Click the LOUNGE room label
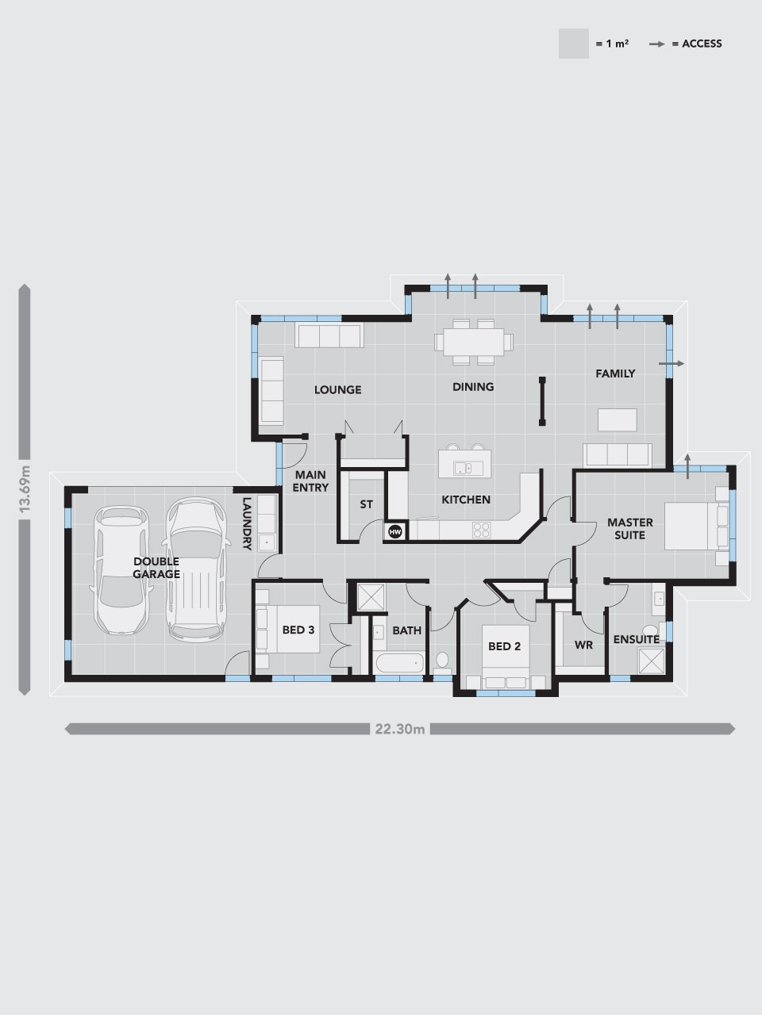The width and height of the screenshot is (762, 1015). (x=337, y=389)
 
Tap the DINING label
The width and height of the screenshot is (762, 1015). (x=473, y=387)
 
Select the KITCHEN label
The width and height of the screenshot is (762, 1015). (x=466, y=500)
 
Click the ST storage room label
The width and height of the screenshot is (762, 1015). (x=366, y=504)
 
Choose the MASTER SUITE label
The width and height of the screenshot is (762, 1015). (x=630, y=529)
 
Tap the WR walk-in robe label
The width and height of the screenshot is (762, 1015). (x=583, y=645)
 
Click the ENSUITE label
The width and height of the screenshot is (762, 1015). (x=637, y=639)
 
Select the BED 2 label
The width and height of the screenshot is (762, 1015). (x=504, y=646)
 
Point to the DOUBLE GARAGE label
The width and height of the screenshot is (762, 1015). (x=156, y=568)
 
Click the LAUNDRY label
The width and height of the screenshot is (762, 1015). (x=247, y=523)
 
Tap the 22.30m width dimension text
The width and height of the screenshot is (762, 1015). (x=400, y=729)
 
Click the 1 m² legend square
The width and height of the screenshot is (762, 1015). (x=573, y=44)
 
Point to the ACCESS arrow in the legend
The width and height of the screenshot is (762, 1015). (x=657, y=44)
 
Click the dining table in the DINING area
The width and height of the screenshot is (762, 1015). (x=473, y=342)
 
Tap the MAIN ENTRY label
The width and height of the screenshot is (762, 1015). (x=310, y=481)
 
